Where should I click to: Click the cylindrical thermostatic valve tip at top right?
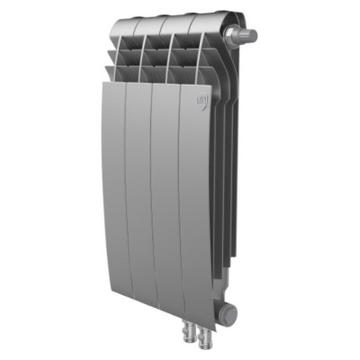pos(248,36)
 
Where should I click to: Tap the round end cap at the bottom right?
pos(230,314)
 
